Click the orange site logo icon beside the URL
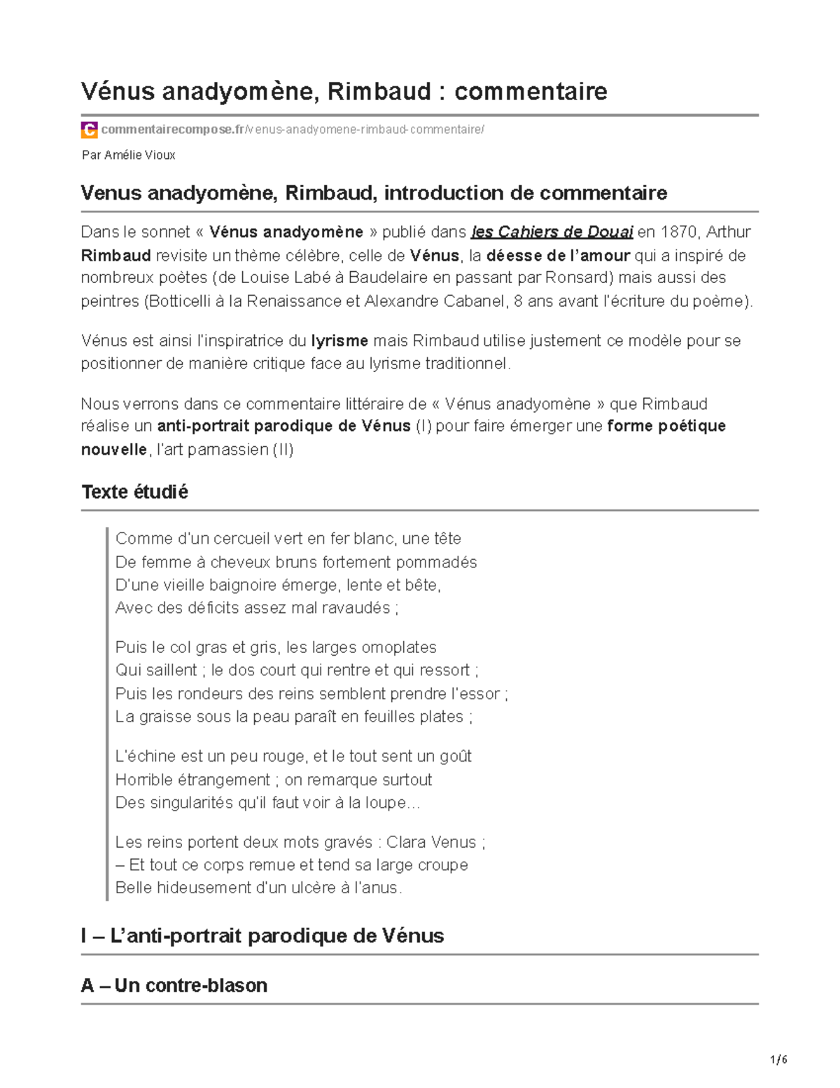(x=89, y=130)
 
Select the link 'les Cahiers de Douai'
(x=552, y=232)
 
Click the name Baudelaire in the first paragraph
(x=388, y=277)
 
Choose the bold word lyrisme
(x=339, y=341)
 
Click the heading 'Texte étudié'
(x=134, y=492)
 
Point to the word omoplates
(x=398, y=647)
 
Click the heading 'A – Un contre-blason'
(x=174, y=986)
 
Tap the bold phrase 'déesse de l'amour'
(x=558, y=255)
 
